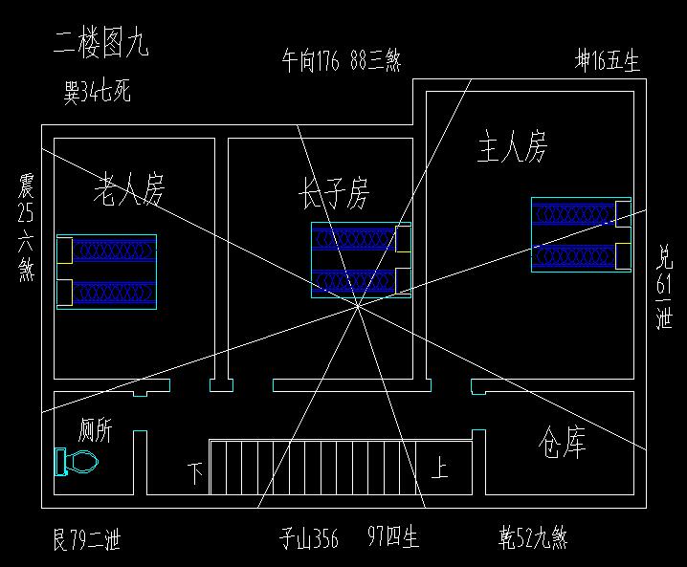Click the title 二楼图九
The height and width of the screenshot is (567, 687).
tap(101, 45)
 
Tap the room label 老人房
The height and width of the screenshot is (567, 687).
tap(129, 190)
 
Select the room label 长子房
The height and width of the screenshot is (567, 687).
tap(333, 193)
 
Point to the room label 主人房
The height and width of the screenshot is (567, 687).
tap(512, 148)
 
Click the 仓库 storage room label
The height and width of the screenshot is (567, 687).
tap(563, 443)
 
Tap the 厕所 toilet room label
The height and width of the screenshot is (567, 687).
tap(95, 430)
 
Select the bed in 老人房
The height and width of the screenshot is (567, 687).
tap(106, 272)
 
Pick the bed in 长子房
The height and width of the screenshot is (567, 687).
tap(361, 259)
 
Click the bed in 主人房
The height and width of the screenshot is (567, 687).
tap(581, 234)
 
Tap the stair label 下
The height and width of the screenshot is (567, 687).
tap(195, 472)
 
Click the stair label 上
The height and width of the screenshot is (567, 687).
tap(440, 469)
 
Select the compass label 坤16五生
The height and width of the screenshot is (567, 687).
tap(608, 61)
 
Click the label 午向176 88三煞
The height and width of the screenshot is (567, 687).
tap(341, 61)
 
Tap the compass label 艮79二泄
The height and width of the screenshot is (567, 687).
tap(86, 540)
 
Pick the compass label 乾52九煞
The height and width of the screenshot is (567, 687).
tap(533, 538)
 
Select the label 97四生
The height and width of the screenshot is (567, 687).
tap(394, 537)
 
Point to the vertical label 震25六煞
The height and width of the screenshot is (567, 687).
tap(26, 228)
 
